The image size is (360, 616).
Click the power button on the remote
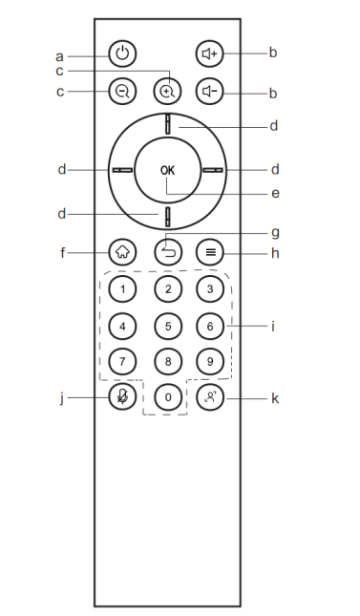tap(122, 53)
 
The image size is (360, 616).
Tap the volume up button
tap(209, 53)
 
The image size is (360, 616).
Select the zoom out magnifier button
tap(122, 92)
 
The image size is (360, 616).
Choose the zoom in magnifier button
tap(167, 92)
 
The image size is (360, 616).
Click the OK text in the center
tap(167, 170)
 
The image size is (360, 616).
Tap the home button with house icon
tap(122, 252)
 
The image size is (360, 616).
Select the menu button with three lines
tap(210, 252)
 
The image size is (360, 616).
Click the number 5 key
tap(168, 326)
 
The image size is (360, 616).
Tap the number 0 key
tap(168, 397)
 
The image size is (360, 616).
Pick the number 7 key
tap(122, 361)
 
